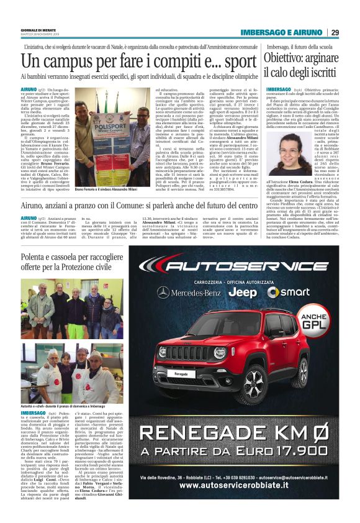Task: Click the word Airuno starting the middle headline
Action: (35, 205)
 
